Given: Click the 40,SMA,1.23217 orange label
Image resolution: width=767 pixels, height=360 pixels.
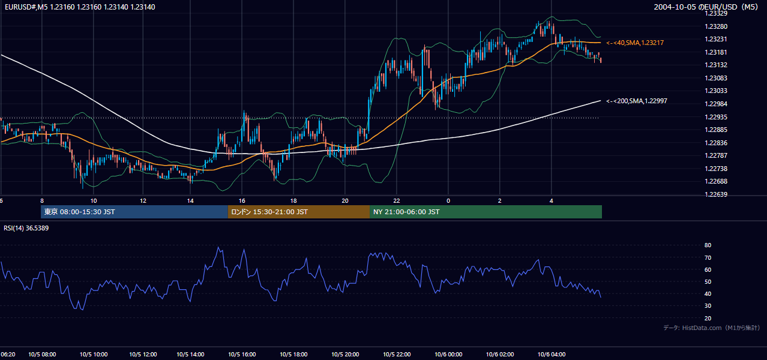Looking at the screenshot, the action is pyautogui.click(x=635, y=43).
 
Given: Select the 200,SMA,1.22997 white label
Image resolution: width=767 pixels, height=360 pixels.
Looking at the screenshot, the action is pyautogui.click(x=637, y=101).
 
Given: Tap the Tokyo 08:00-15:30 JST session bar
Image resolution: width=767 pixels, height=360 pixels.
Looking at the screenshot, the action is pyautogui.click(x=134, y=212).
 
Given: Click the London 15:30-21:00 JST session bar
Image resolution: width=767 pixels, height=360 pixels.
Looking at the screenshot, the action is pyautogui.click(x=299, y=212).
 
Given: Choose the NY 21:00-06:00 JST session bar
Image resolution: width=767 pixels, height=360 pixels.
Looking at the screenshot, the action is pyautogui.click(x=486, y=212).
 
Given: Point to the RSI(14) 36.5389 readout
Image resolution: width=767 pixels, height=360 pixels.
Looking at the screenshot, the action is pyautogui.click(x=26, y=228).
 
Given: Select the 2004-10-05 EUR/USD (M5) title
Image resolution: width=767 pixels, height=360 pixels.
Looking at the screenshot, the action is pyautogui.click(x=706, y=7).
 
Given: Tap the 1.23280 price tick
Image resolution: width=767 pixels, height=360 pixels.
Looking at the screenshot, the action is pyautogui.click(x=716, y=26).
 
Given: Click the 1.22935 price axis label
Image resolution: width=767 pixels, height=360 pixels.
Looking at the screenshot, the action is pyautogui.click(x=716, y=117).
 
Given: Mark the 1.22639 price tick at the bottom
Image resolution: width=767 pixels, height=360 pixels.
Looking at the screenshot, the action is pyautogui.click(x=716, y=194).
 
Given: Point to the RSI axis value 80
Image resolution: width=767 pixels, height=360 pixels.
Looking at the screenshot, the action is pyautogui.click(x=708, y=245).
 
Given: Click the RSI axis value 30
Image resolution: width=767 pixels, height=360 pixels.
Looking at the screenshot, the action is pyautogui.click(x=708, y=305).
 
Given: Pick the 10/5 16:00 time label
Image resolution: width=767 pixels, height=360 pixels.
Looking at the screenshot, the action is pyautogui.click(x=242, y=355).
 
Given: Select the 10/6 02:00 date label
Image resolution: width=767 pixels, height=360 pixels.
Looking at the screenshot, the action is pyautogui.click(x=500, y=355).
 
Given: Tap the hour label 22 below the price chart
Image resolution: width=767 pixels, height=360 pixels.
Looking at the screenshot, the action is pyautogui.click(x=397, y=201).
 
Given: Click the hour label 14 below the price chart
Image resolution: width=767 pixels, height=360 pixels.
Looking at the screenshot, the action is pyautogui.click(x=190, y=201).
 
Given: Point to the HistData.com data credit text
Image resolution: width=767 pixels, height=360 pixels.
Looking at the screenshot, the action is pyautogui.click(x=712, y=328).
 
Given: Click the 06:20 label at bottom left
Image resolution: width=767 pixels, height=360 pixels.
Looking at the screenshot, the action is pyautogui.click(x=8, y=355).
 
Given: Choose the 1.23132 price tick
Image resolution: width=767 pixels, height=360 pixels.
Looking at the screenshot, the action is pyautogui.click(x=716, y=65).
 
